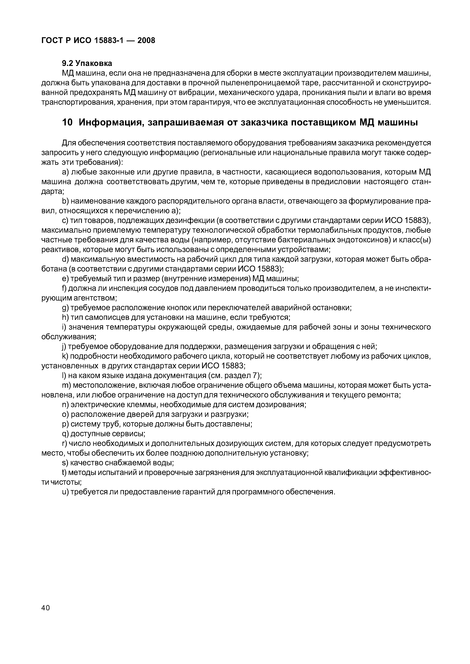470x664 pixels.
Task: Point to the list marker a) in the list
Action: click(x=65, y=172)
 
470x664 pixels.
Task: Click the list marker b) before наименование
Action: click(x=65, y=201)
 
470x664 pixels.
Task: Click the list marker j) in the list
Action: click(x=64, y=346)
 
